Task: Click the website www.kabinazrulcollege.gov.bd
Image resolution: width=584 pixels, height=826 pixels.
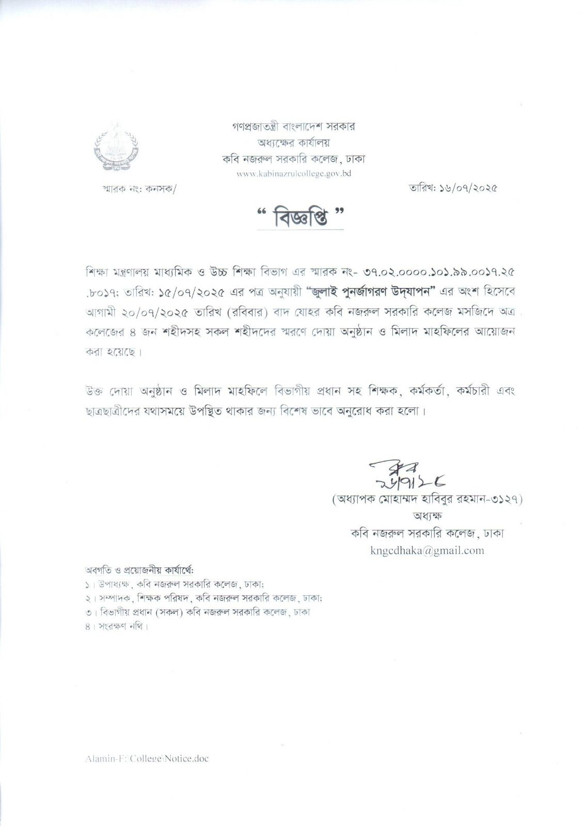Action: click(x=293, y=174)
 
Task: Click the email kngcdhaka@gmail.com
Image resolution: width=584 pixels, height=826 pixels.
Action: click(x=427, y=550)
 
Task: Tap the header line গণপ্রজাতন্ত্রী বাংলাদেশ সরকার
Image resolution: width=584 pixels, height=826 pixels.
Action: click(x=293, y=126)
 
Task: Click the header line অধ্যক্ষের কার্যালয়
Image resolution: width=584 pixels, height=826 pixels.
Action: click(x=293, y=142)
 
